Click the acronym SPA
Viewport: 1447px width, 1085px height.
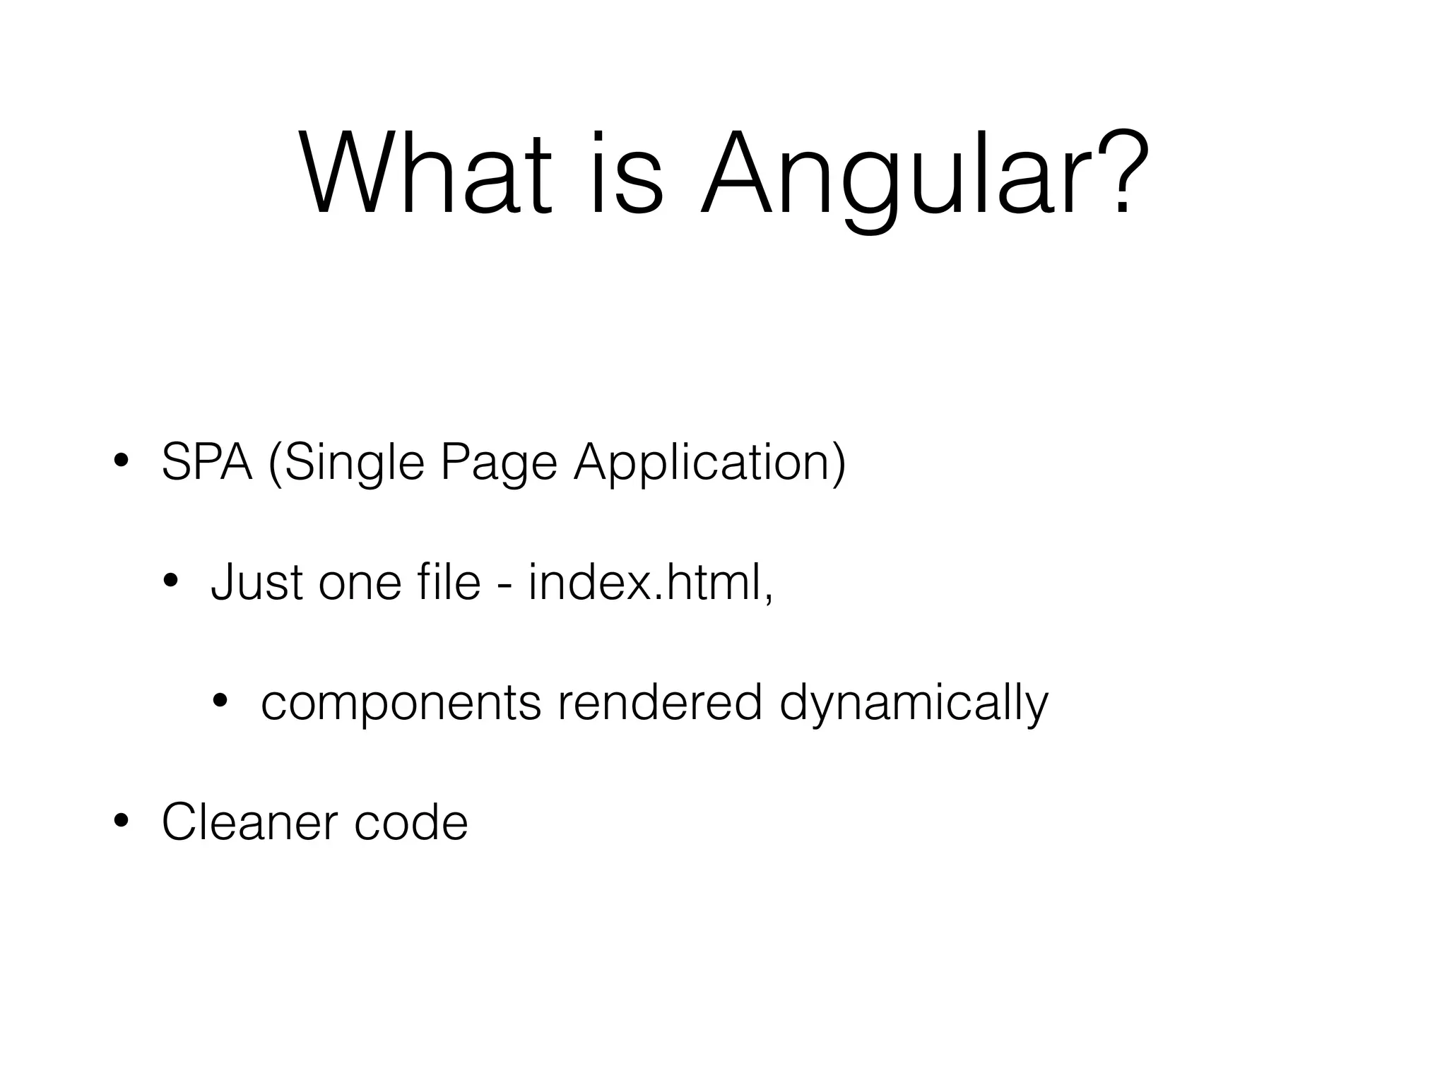tap(207, 463)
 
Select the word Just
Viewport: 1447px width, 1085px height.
tap(256, 583)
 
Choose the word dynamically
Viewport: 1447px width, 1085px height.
tap(914, 704)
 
